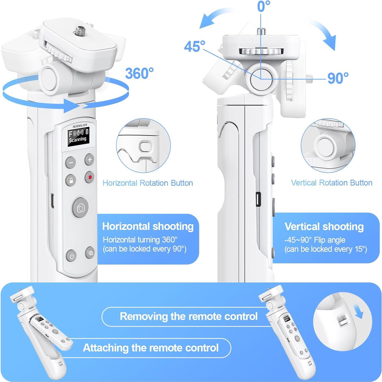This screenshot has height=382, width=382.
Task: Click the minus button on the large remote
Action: click(x=71, y=162)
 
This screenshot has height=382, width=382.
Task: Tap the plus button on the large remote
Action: click(x=90, y=160)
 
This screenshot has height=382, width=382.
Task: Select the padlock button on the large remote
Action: click(x=71, y=180)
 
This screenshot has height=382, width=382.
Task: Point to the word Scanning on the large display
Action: click(x=78, y=139)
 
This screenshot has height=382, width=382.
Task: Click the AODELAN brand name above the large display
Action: click(x=80, y=126)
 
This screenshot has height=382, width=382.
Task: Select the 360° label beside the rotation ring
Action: click(x=139, y=73)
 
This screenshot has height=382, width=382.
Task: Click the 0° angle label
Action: click(x=264, y=6)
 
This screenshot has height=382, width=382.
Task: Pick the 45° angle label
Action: click(x=194, y=46)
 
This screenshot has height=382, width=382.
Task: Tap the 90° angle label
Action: click(x=338, y=78)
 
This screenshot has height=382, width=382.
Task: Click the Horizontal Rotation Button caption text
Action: click(x=147, y=183)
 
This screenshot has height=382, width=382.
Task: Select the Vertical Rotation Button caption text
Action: click(x=331, y=183)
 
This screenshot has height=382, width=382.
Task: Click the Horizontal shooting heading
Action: click(x=148, y=226)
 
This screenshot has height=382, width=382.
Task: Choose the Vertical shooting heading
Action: click(x=324, y=226)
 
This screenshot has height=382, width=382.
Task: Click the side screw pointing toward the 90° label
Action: click(x=310, y=76)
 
